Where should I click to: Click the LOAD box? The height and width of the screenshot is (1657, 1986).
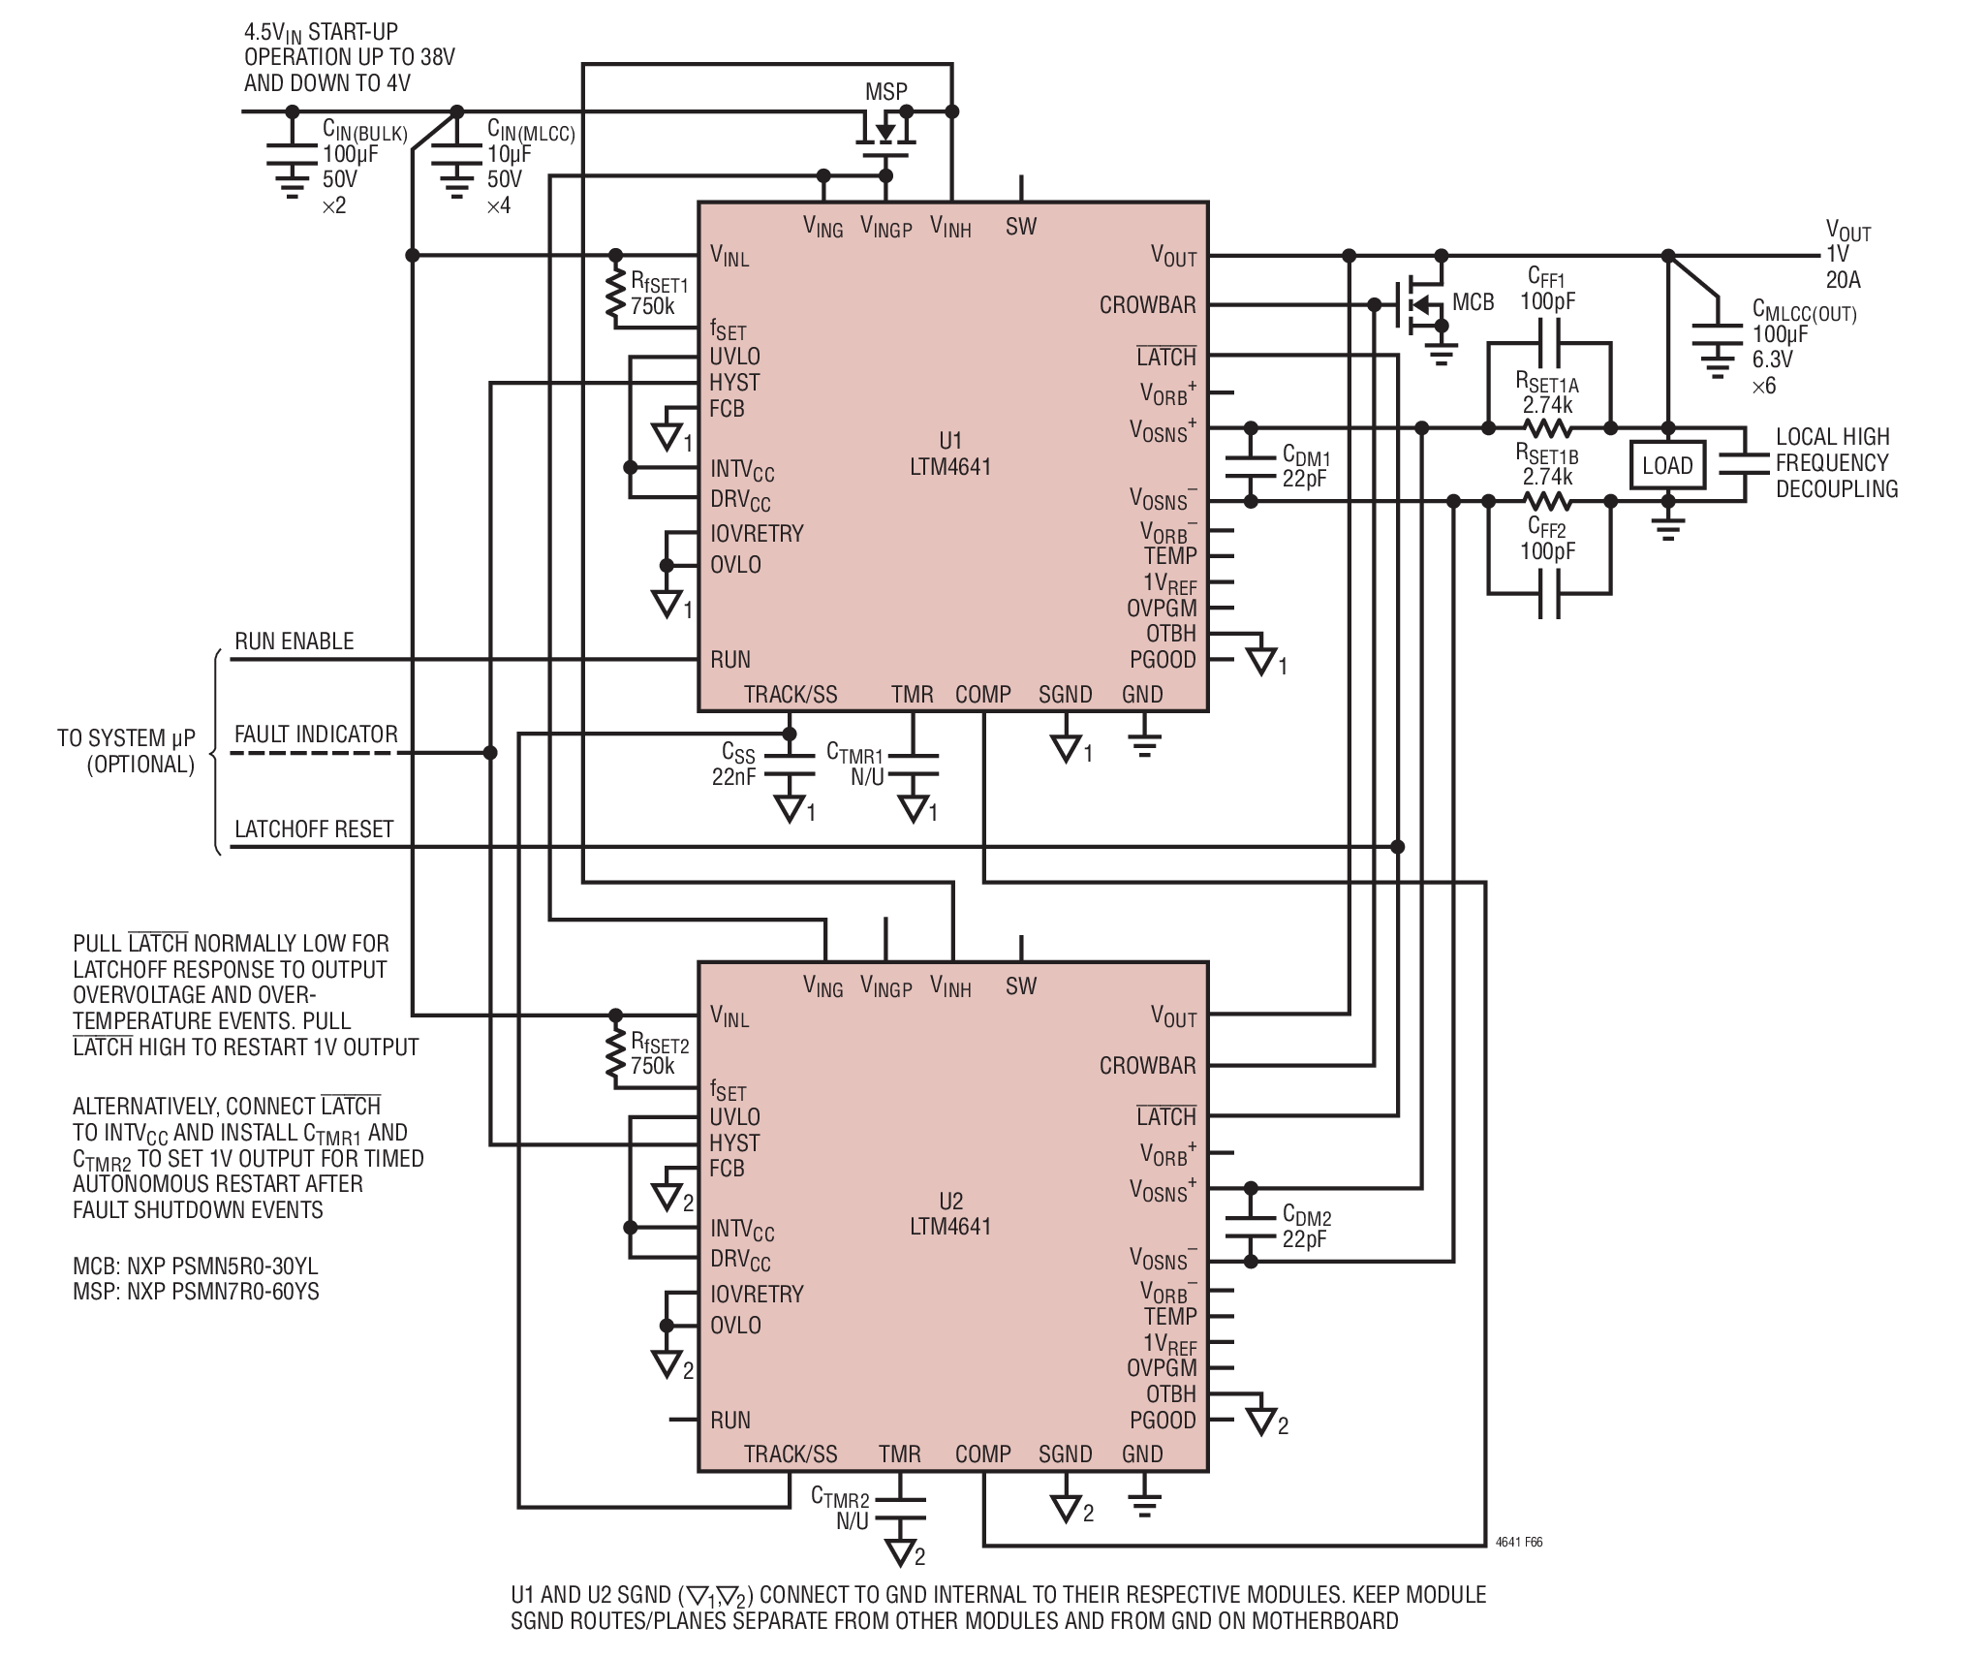coord(1667,465)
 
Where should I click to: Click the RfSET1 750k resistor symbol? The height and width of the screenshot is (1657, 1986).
coord(615,295)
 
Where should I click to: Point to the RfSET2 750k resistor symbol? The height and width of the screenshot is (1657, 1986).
coord(615,1055)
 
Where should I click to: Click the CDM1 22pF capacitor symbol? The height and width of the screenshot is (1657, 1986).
coord(1251,465)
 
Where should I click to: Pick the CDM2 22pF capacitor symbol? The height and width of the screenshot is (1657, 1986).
coord(1251,1225)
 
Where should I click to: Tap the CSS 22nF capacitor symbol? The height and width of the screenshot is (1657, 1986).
coord(790,765)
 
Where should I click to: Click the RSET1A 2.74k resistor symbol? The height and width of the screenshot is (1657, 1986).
coord(1549,427)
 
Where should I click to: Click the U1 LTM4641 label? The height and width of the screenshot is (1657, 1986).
coord(950,453)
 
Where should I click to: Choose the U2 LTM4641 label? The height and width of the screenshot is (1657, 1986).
coord(950,1213)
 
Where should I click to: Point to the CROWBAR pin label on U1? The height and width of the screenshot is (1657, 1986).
coord(1148,305)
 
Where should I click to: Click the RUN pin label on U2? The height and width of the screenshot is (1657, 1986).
coord(730,1420)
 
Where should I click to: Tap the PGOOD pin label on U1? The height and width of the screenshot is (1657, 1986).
coord(1163,660)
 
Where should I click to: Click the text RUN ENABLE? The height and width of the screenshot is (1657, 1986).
coord(295,641)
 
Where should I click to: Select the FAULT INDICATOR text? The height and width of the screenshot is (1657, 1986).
coord(316,735)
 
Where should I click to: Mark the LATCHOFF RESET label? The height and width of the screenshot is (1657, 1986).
coord(314,829)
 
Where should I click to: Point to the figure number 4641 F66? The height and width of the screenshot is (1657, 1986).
coord(1519,1542)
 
